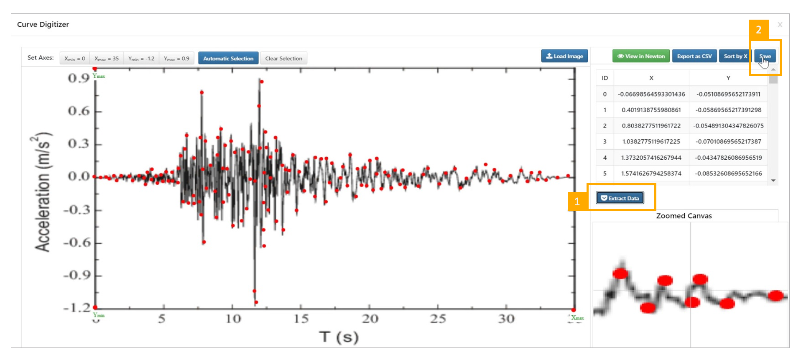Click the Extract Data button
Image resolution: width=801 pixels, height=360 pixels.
620,198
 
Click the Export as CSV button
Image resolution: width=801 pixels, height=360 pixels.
694,56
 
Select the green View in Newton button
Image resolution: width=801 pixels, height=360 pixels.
641,56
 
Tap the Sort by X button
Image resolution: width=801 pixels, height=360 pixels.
735,56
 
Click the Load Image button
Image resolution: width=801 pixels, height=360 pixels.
564,56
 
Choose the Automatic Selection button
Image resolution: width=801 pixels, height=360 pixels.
228,59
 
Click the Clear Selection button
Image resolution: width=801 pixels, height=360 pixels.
283,59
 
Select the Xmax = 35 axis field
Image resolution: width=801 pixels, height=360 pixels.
107,59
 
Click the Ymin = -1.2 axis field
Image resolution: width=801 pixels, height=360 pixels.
141,59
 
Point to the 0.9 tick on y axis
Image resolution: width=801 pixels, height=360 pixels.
79,78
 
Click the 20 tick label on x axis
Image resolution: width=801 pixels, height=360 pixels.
370,319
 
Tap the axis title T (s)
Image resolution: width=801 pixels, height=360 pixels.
339,337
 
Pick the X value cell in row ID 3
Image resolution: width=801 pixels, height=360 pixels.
651,142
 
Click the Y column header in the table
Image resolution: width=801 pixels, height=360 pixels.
728,78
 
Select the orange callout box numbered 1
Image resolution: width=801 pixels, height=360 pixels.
577,202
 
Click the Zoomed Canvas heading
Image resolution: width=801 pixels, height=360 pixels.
684,216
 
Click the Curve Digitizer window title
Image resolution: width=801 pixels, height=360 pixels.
43,25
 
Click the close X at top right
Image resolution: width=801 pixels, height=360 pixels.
780,25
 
